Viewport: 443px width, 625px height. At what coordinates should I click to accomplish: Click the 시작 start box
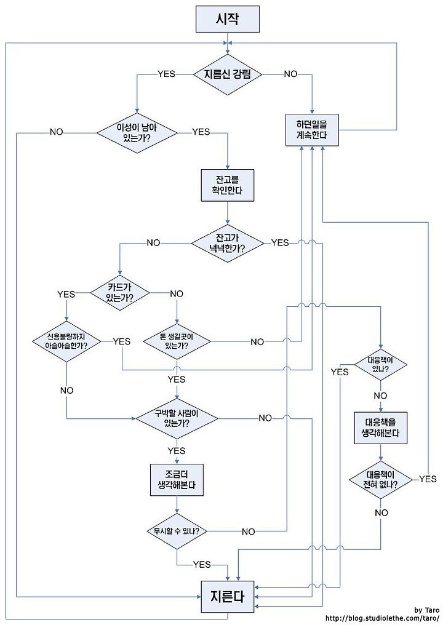coord(227,19)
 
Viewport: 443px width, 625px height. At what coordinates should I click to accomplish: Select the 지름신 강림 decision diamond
coord(227,74)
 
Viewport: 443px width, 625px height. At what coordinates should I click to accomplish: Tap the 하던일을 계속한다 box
coord(312,130)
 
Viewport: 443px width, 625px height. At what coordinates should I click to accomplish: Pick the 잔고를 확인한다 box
coord(227,185)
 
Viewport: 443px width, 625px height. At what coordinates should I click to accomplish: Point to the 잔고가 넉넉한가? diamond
coord(227,243)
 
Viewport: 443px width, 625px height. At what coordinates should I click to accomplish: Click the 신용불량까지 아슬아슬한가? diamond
coord(66,341)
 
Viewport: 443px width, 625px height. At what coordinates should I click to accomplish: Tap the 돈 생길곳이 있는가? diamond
coord(177,341)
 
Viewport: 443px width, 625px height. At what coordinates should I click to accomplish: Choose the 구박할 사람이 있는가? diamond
coord(177,418)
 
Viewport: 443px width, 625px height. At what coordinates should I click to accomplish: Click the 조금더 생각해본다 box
coord(177,480)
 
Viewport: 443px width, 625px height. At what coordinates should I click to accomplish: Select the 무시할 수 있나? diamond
coord(177,531)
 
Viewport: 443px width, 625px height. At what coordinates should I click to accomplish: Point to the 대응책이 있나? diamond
coord(381,364)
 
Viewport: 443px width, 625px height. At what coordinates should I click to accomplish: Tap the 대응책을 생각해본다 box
coord(381,428)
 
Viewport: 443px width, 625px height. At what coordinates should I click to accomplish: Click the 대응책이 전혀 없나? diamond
coord(381,479)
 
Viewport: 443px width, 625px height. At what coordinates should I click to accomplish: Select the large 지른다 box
coord(227,597)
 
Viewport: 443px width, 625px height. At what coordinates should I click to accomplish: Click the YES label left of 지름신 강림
coord(166,74)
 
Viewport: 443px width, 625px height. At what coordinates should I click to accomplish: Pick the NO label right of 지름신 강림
coord(290,74)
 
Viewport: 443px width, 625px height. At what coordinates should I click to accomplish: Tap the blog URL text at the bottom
coord(382,618)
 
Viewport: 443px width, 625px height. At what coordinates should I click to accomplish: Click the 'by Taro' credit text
coord(426,610)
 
